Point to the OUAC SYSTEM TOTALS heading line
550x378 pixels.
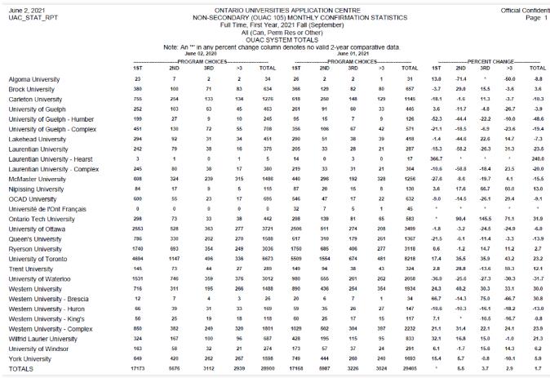click(x=274, y=38)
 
